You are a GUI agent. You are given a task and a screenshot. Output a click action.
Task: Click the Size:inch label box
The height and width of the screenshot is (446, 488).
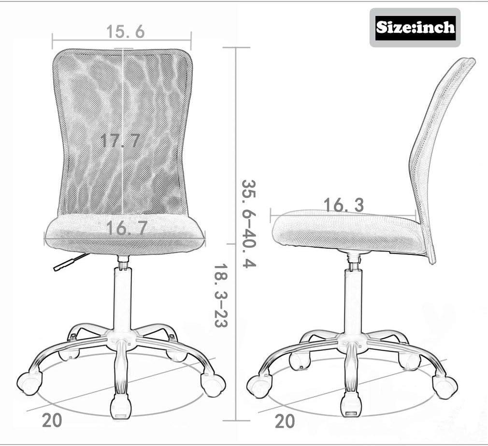(x=415, y=28)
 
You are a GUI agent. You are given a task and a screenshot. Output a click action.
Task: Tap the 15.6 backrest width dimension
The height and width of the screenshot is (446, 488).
(x=126, y=31)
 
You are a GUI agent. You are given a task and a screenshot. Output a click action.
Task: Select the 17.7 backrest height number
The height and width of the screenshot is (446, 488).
(x=120, y=141)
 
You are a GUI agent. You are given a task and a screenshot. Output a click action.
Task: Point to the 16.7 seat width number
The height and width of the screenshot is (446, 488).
(x=127, y=228)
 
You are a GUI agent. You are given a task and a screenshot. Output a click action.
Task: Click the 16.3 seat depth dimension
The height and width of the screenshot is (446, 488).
(x=344, y=206)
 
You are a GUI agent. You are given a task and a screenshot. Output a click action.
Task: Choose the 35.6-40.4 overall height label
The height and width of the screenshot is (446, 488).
(x=249, y=223)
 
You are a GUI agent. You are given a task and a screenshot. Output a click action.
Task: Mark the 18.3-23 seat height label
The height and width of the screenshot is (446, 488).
(x=221, y=296)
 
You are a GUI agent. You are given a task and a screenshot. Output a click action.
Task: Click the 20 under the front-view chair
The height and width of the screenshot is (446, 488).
(x=52, y=420)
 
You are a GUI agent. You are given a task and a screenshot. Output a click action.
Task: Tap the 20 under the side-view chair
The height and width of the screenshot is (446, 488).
(x=285, y=421)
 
